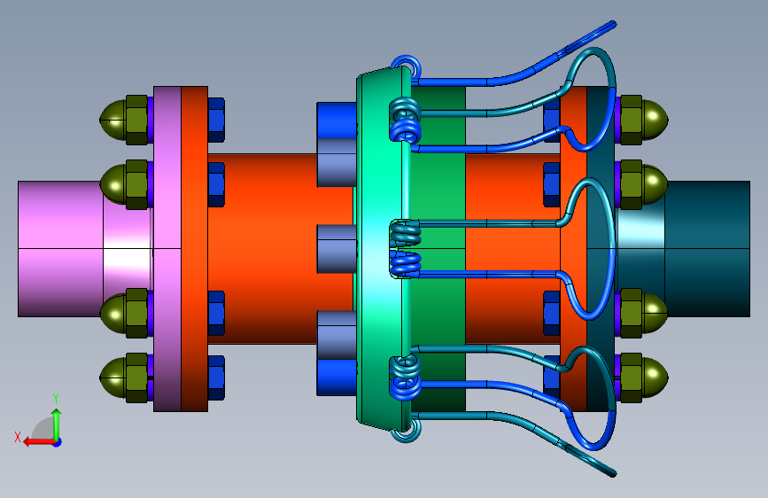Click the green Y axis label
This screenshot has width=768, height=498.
[x=56, y=399]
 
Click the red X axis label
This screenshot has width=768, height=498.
[x=18, y=437]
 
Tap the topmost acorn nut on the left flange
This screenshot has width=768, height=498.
[x=124, y=120]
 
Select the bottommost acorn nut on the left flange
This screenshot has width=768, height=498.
[x=124, y=377]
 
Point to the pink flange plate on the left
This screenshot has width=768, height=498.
[x=167, y=249]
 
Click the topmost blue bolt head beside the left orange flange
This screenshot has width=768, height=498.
[x=216, y=120]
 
